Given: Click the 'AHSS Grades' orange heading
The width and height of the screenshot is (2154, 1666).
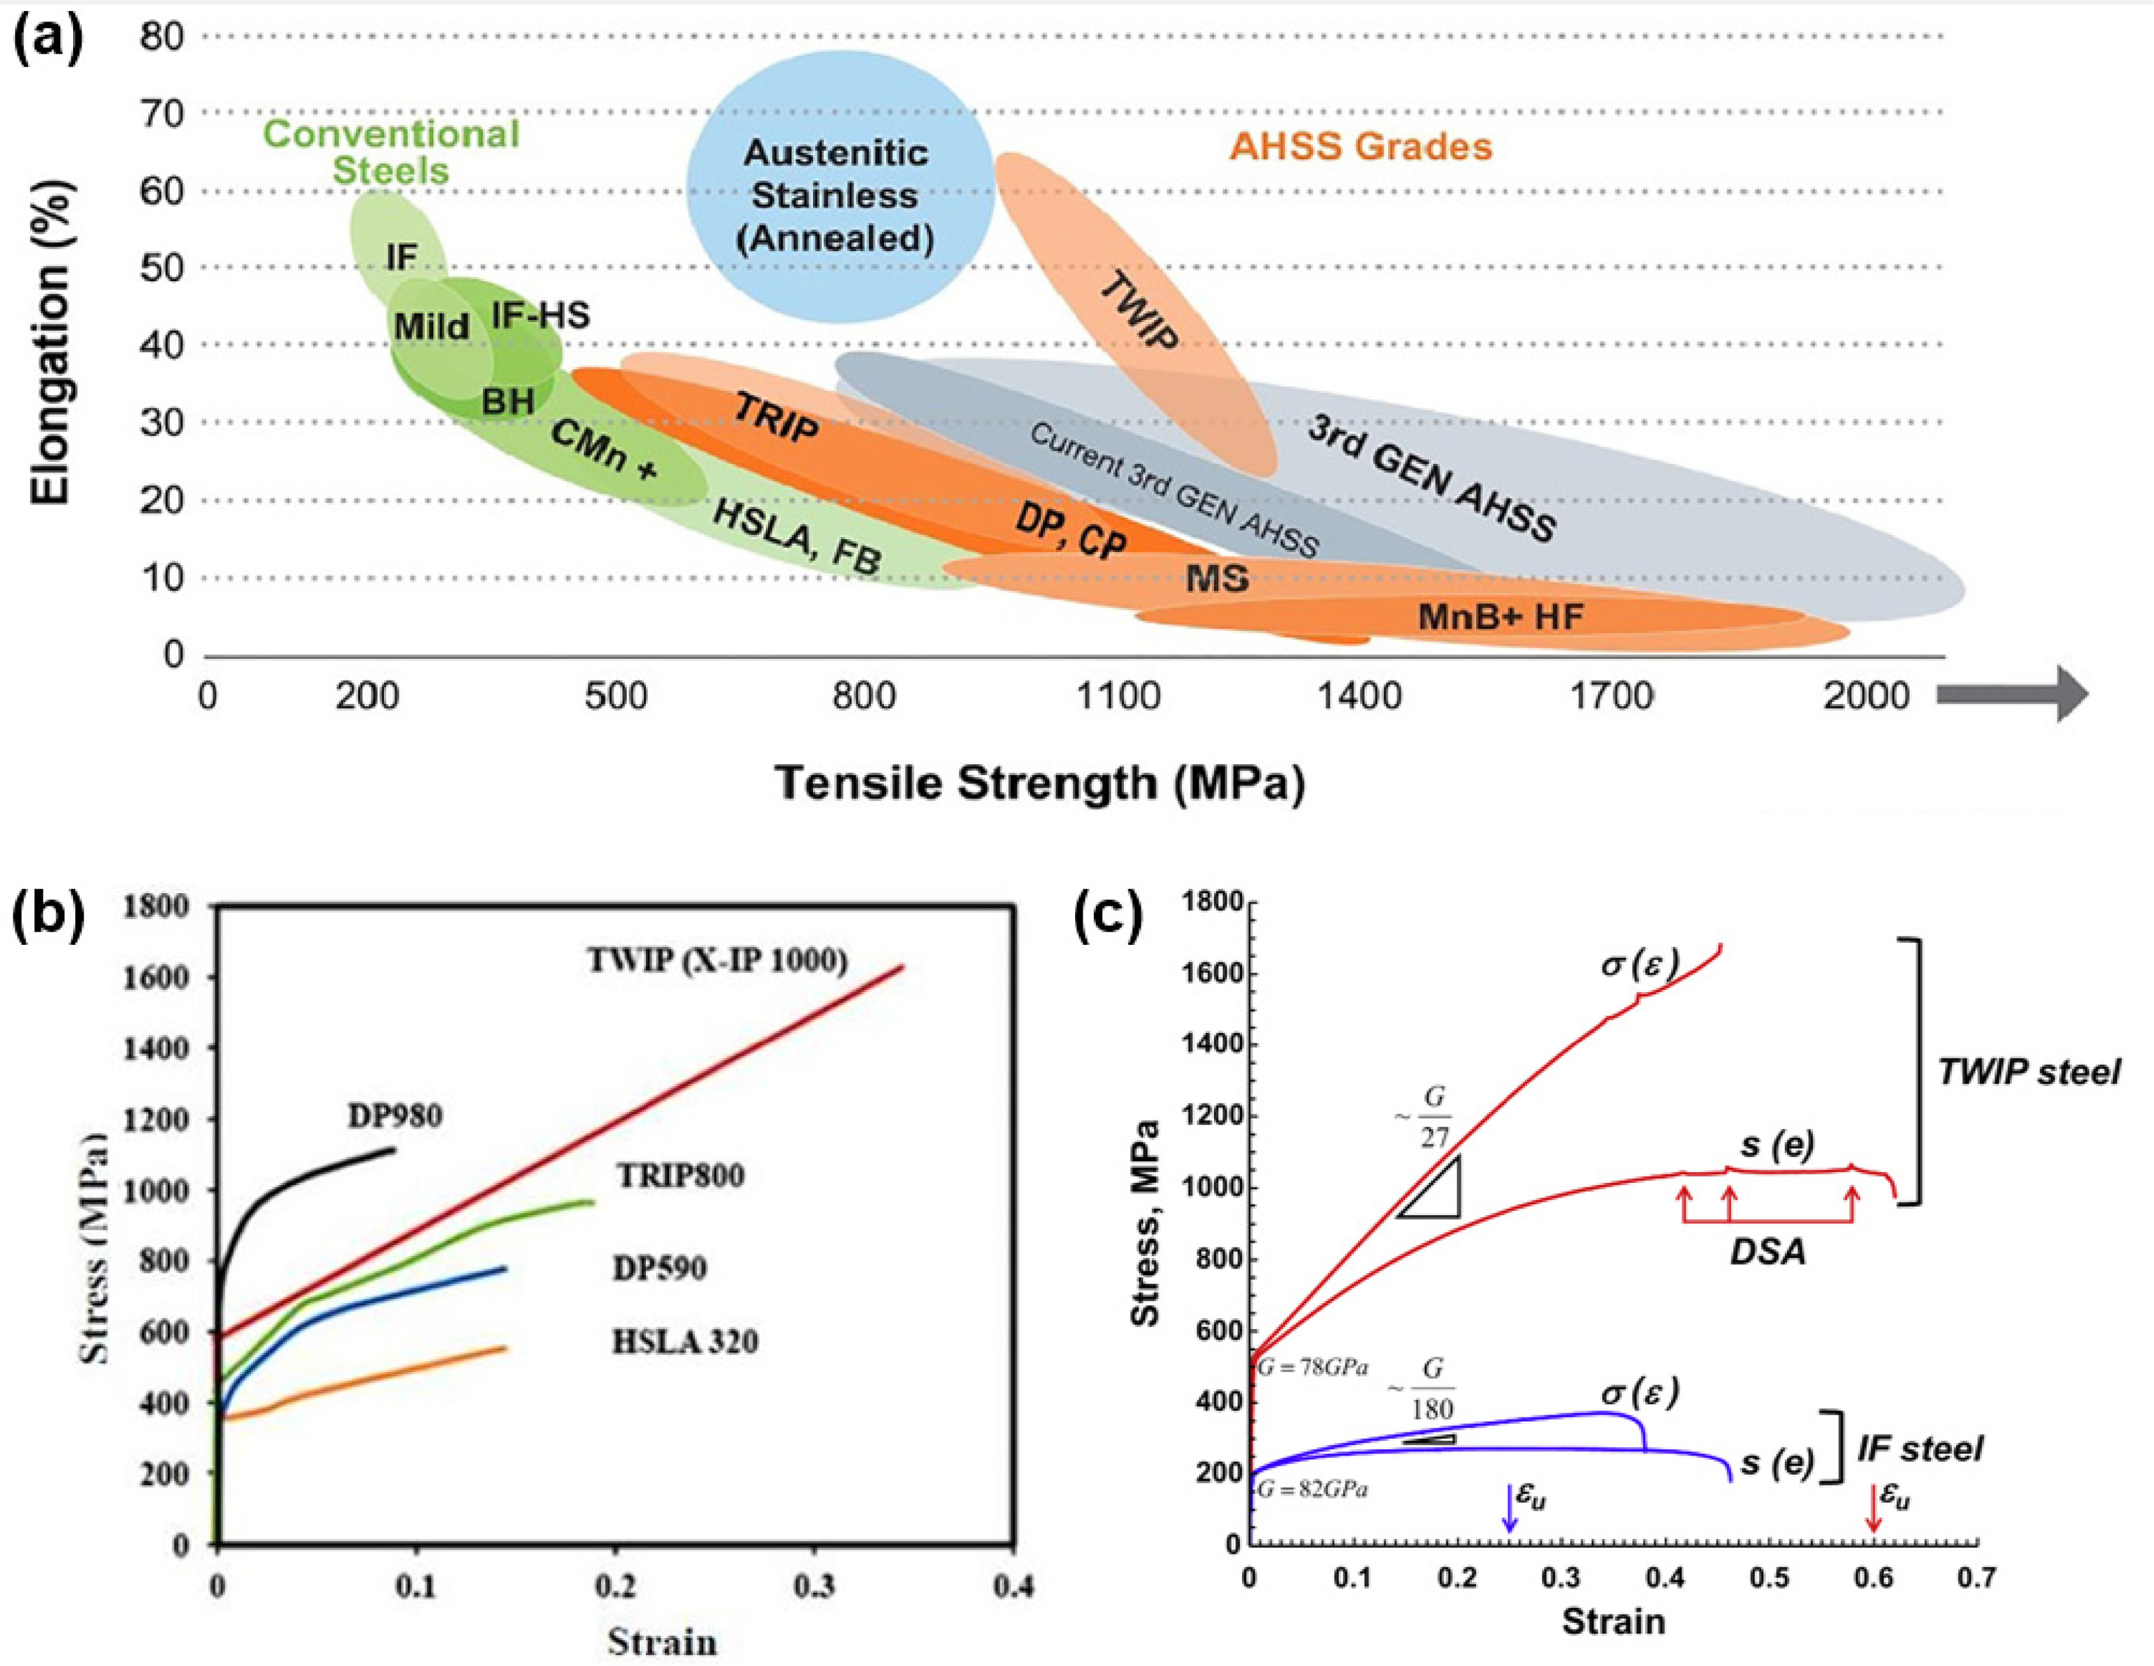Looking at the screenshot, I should point(1360,147).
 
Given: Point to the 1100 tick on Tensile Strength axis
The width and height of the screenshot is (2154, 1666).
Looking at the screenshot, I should point(1117,696).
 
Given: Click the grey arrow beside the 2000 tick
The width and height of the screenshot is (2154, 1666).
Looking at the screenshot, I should point(2012,694).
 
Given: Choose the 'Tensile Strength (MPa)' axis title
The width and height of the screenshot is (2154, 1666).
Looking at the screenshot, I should point(1040,783).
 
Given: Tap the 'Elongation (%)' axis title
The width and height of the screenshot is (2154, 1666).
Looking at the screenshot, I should point(52,345).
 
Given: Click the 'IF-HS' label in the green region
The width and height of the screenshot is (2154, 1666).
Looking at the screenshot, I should point(541,316).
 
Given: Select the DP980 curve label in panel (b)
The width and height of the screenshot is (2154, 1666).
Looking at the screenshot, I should point(395,1116).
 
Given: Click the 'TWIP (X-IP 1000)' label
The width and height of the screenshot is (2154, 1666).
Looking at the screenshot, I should point(717,960).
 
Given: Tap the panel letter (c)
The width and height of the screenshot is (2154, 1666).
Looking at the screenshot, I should point(1108,916).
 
